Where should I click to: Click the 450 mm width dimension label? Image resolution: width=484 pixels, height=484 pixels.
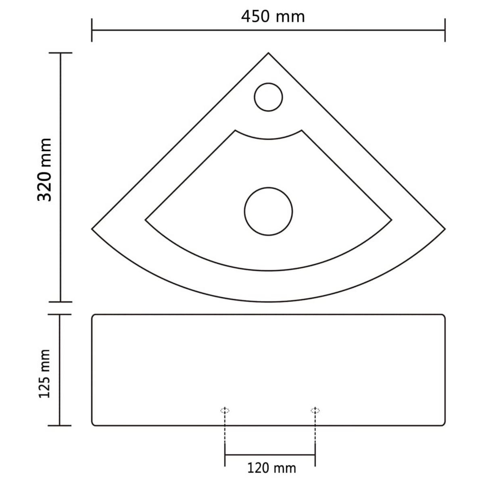tap(273, 17)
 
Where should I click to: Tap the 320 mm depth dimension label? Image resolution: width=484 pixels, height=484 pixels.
tap(45, 170)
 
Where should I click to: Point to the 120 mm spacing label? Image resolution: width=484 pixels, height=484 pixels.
tap(271, 468)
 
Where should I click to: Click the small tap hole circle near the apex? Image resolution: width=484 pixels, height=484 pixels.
tap(269, 97)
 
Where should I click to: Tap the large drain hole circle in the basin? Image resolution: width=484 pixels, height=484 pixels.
tap(269, 211)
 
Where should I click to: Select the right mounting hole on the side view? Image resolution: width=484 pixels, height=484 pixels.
tap(315, 411)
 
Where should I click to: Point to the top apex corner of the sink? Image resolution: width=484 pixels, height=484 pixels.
tap(269, 53)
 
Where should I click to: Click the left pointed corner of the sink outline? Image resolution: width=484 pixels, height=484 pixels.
tap(92, 229)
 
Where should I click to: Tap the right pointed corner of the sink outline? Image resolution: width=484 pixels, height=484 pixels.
tap(445, 229)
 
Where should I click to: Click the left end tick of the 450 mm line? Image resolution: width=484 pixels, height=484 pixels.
tap(92, 30)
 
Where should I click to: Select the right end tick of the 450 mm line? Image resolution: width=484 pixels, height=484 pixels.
tap(445, 30)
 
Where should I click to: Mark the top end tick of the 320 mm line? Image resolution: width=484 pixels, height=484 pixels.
tap(60, 53)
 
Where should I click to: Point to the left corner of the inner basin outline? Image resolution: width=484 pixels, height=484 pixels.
tap(146, 220)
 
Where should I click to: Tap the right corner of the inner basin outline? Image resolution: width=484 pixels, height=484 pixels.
tap(392, 220)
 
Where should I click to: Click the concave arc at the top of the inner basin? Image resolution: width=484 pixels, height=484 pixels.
tap(269, 139)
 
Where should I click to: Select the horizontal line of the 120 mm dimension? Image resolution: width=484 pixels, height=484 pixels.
tap(270, 455)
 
